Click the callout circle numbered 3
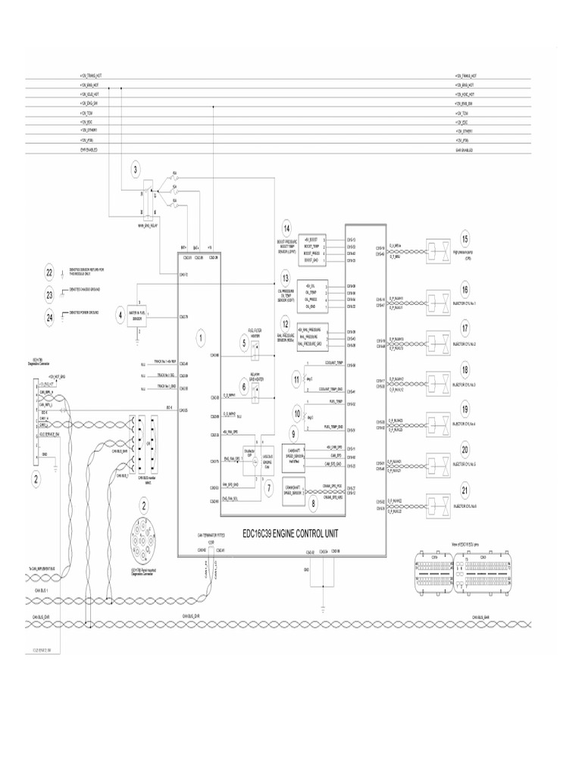tap(136, 170)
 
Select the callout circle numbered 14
tap(286, 229)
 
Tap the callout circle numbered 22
tap(49, 272)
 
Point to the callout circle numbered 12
tap(286, 325)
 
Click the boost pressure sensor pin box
tap(312, 249)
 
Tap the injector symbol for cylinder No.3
tap(438, 381)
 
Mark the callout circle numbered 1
tap(200, 336)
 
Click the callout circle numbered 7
tap(268, 488)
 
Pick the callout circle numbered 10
tap(297, 414)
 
